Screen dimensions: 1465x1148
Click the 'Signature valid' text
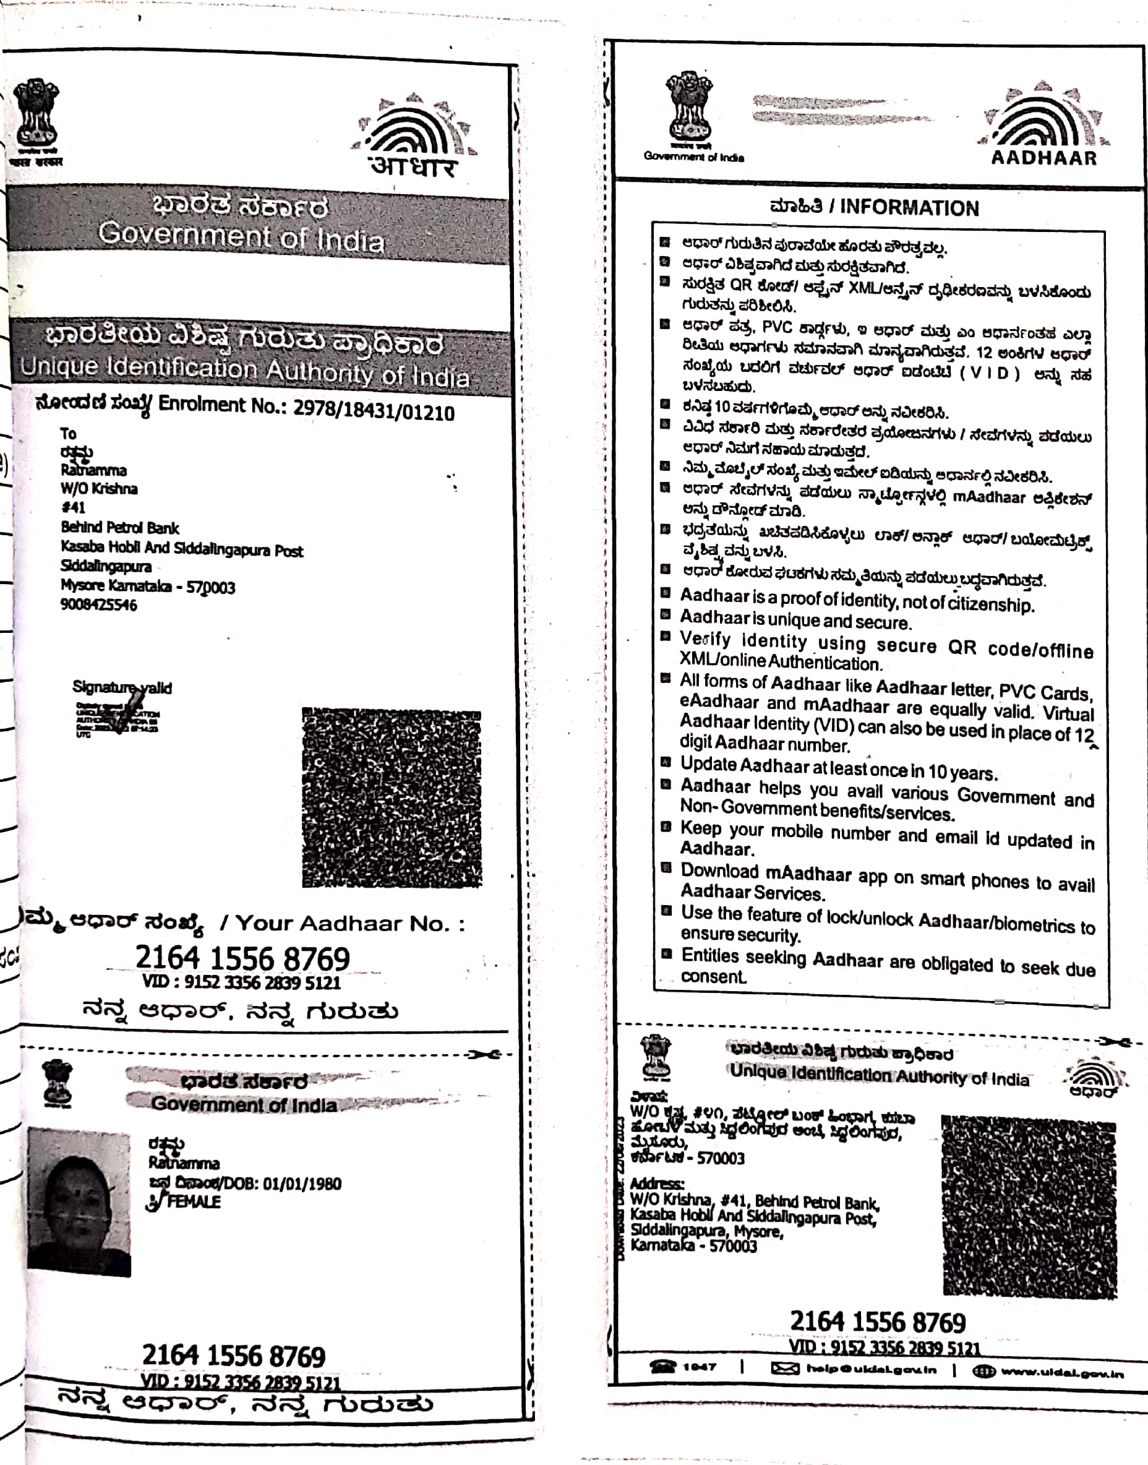tap(122, 687)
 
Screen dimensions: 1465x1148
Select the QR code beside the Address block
tap(1029, 1206)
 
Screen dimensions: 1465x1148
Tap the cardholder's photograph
tap(79, 1201)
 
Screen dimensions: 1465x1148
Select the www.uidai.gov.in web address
tap(1062, 1372)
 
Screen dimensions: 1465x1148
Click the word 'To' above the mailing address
tap(68, 434)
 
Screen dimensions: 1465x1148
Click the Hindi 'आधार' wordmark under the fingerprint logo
tap(413, 165)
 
